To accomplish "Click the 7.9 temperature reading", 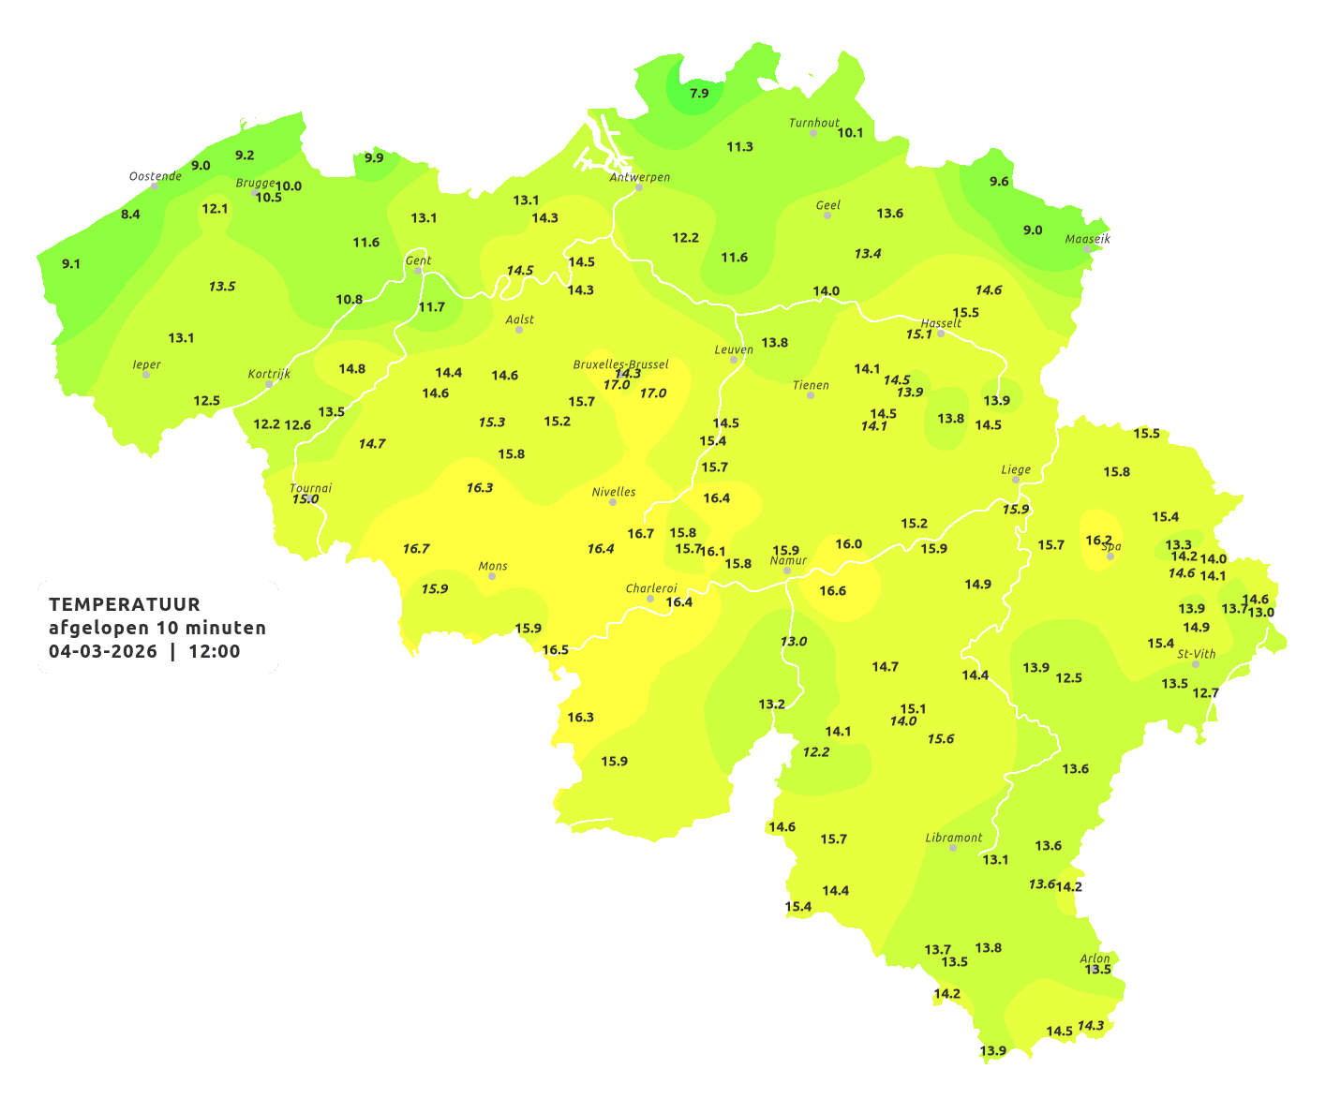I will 699,94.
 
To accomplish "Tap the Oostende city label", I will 156,176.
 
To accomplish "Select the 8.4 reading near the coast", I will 130,215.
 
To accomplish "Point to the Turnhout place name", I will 814,123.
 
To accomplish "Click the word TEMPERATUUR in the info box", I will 125,604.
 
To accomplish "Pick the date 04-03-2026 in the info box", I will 103,651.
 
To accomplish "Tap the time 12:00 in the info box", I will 215,651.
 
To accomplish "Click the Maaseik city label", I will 1087,239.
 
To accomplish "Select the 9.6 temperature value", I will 1000,182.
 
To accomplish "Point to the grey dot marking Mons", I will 492,576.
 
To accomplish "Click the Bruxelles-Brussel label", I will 621,364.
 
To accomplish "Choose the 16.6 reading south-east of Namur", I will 833,591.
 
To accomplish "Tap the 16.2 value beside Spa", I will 1098,541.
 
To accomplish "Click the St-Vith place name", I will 1197,654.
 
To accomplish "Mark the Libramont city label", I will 954,838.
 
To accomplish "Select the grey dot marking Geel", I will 827,215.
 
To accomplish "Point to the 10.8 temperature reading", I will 350,300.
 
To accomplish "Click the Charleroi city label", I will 651,588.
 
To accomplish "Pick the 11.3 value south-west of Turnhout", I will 740,147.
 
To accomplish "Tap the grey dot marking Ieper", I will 145,375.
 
